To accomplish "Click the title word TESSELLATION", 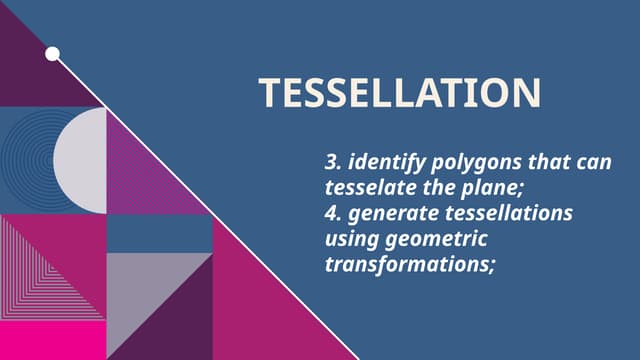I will tap(400, 92).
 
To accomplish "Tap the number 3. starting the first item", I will tap(332, 162).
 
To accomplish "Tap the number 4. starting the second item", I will tap(332, 214).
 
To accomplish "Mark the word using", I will tap(351, 240).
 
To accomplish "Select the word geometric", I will tap(436, 240).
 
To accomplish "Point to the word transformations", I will tap(410, 266).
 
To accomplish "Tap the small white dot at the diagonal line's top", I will tap(52, 53).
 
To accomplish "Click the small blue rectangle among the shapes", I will tap(159, 235).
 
